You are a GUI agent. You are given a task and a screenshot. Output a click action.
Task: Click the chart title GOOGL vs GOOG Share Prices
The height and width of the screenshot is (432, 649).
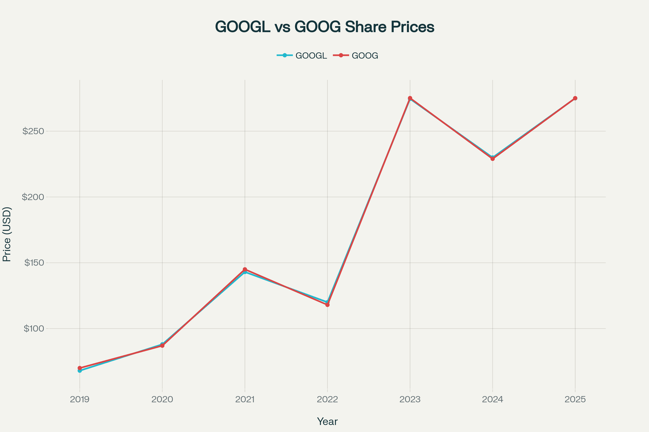(x=325, y=27)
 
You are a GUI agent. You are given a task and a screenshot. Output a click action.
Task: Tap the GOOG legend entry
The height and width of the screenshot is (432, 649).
(x=356, y=56)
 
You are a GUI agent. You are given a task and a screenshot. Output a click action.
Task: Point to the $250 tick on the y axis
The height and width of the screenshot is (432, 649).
(x=33, y=131)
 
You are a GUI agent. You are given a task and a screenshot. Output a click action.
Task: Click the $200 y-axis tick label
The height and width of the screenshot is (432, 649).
(x=33, y=197)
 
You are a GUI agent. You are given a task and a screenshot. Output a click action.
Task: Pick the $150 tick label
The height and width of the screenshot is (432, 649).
(x=34, y=262)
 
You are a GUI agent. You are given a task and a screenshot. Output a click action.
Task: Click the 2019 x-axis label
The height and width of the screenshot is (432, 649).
(x=80, y=400)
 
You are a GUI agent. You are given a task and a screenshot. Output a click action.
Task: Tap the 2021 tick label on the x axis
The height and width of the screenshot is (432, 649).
(x=245, y=400)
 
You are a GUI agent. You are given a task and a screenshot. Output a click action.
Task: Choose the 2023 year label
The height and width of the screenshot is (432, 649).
(x=410, y=400)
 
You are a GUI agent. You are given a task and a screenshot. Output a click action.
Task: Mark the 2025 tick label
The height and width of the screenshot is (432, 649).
(x=575, y=400)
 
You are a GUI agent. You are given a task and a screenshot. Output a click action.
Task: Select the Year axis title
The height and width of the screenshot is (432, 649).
(x=327, y=421)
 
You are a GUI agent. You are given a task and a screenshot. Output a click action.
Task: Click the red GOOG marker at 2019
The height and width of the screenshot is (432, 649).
(x=80, y=368)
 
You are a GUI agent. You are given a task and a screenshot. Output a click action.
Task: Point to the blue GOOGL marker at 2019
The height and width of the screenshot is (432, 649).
(x=80, y=371)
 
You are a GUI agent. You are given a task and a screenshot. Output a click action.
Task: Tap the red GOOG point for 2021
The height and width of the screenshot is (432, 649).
(x=245, y=269)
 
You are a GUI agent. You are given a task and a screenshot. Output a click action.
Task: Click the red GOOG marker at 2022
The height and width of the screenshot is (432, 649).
(x=327, y=305)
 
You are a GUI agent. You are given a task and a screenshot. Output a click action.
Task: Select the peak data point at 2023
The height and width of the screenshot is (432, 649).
(x=410, y=98)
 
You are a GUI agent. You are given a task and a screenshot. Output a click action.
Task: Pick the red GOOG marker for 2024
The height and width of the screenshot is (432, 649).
(x=492, y=159)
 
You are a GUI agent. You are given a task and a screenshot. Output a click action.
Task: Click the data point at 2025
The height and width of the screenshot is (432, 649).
(x=575, y=98)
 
